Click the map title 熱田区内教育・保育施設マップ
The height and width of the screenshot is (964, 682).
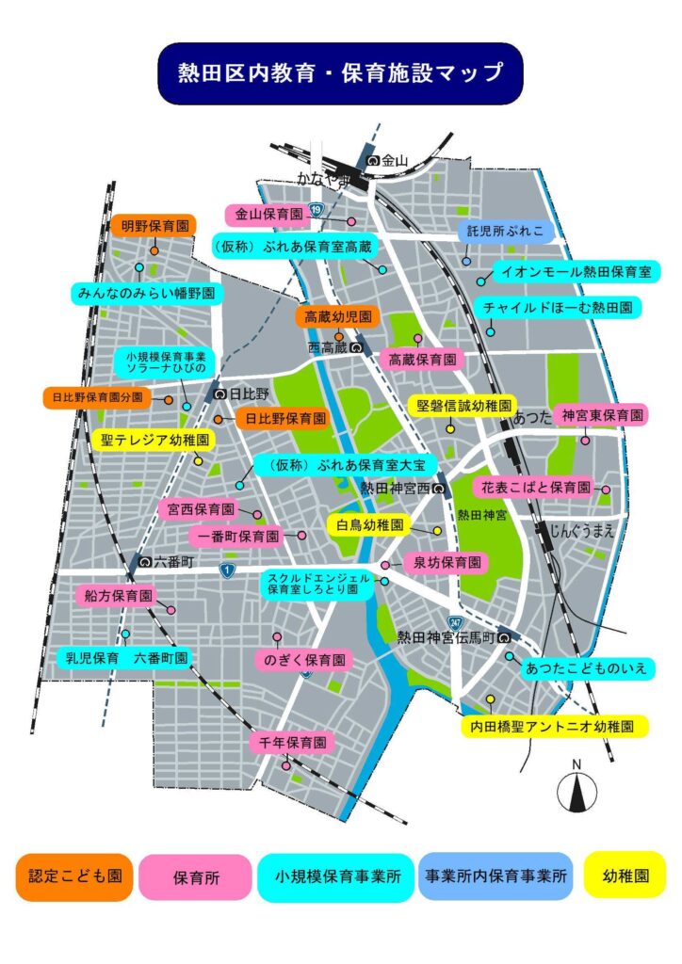pyautogui.click(x=341, y=73)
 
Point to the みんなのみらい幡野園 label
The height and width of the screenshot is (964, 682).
pyautogui.click(x=145, y=294)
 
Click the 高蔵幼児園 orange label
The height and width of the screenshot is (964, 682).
pyautogui.click(x=335, y=317)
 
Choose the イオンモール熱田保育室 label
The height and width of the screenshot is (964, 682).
pyautogui.click(x=575, y=272)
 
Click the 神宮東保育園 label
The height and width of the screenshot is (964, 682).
pyautogui.click(x=603, y=415)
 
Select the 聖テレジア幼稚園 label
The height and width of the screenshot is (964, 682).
pyautogui.click(x=156, y=440)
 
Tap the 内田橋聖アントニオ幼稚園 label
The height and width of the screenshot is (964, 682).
pyautogui.click(x=557, y=726)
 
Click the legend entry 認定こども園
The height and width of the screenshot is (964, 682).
pyautogui.click(x=74, y=876)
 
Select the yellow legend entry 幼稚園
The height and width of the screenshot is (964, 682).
pyautogui.click(x=625, y=875)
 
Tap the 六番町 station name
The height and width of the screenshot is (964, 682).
pyautogui.click(x=173, y=561)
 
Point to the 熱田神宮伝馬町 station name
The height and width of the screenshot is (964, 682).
pyautogui.click(x=446, y=637)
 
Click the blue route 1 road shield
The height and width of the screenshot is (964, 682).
pyautogui.click(x=226, y=570)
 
